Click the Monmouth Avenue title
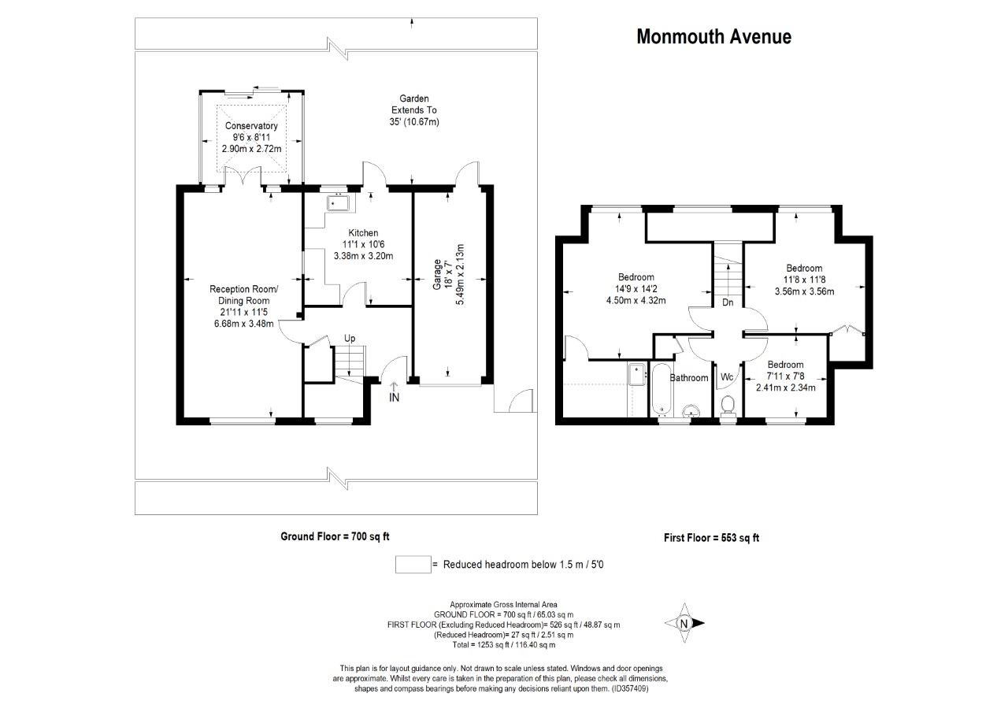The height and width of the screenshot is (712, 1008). pos(713,37)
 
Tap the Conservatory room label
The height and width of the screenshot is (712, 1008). pos(251,126)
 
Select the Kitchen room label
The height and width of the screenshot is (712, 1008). pos(364,233)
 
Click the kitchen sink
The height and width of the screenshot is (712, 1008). pos(341,203)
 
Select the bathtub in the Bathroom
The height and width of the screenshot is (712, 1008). pos(659,391)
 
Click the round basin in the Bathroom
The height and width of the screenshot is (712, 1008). pos(691,410)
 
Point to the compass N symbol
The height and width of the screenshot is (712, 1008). pos(684,623)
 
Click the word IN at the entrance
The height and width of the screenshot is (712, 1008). pos(395,398)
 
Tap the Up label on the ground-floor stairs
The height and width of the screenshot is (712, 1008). pos(349,339)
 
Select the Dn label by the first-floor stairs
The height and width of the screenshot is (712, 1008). pos(728,302)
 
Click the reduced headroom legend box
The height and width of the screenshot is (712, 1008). pos(412,565)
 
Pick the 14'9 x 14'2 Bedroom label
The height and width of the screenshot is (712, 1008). pos(636,277)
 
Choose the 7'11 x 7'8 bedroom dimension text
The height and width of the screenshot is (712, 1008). pos(785,376)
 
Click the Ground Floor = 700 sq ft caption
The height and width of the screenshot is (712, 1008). pos(335,536)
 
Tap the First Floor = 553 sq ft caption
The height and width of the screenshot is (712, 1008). pos(711,539)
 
